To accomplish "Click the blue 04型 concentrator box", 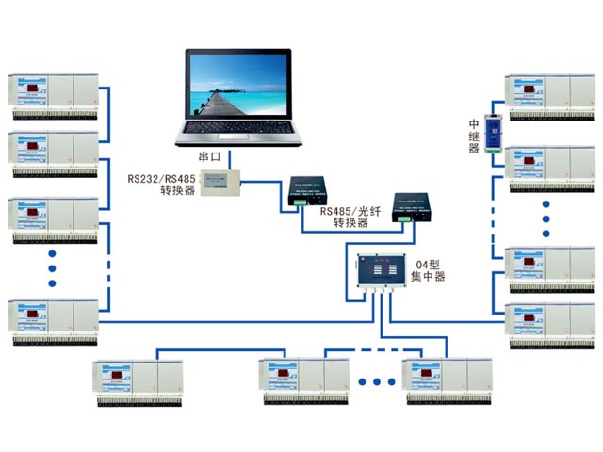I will coord(379,273).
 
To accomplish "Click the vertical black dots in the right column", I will coord(547,217).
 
